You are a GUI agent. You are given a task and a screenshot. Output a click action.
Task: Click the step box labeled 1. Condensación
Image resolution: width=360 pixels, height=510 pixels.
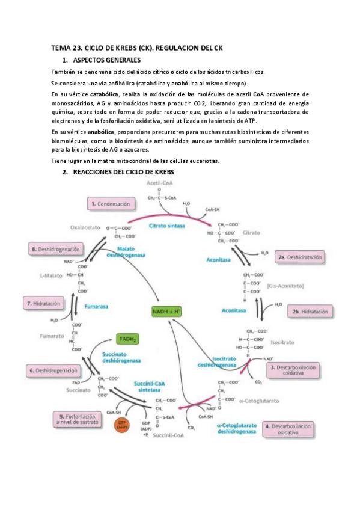click(x=110, y=204)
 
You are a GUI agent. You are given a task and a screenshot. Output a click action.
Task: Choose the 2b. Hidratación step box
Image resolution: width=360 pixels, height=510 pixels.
click(x=310, y=312)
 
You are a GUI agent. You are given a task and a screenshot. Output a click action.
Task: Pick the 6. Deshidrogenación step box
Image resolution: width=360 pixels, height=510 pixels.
click(x=53, y=371)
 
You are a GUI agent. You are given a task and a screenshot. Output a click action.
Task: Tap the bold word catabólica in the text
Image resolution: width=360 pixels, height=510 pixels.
click(x=105, y=94)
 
